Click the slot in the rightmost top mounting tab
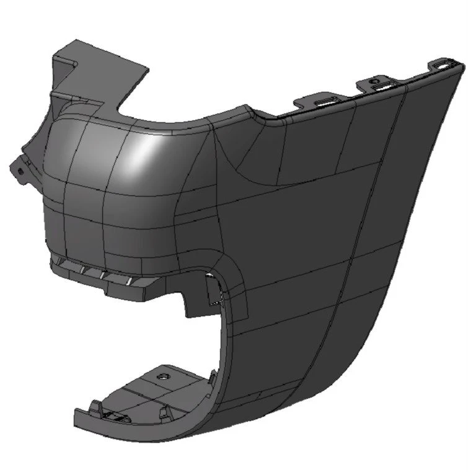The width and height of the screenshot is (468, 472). (446, 63)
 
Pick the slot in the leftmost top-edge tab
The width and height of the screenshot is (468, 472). (326, 100)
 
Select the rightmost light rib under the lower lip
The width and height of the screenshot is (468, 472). (130, 282)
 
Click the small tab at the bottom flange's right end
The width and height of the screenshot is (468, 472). (213, 376)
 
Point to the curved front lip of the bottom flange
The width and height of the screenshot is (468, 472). (124, 434)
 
